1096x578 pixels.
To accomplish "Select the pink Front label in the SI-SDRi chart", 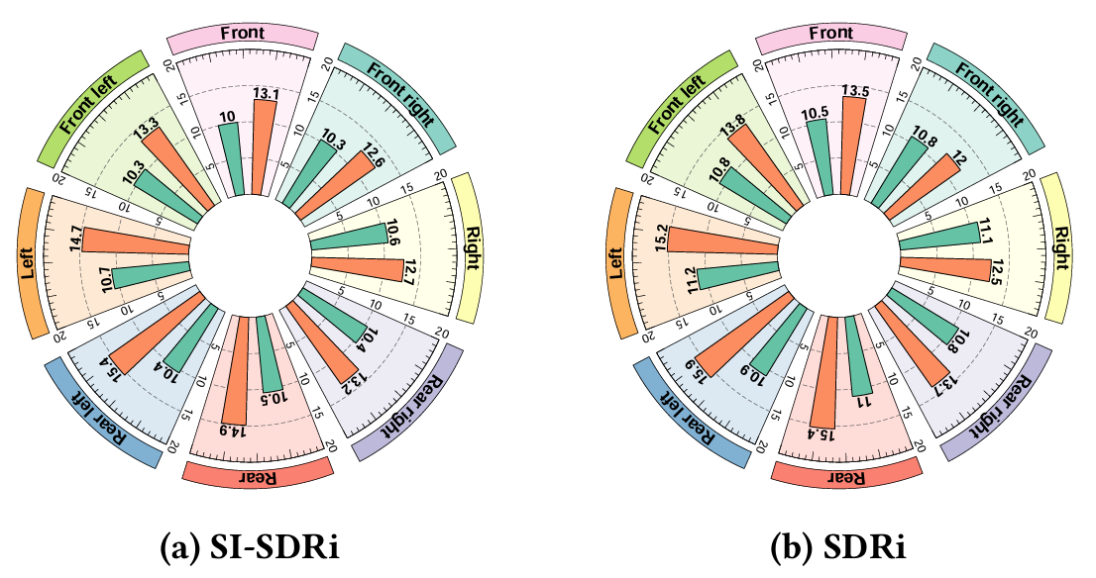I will point(242,35).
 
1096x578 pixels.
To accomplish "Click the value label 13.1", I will point(265,95).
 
